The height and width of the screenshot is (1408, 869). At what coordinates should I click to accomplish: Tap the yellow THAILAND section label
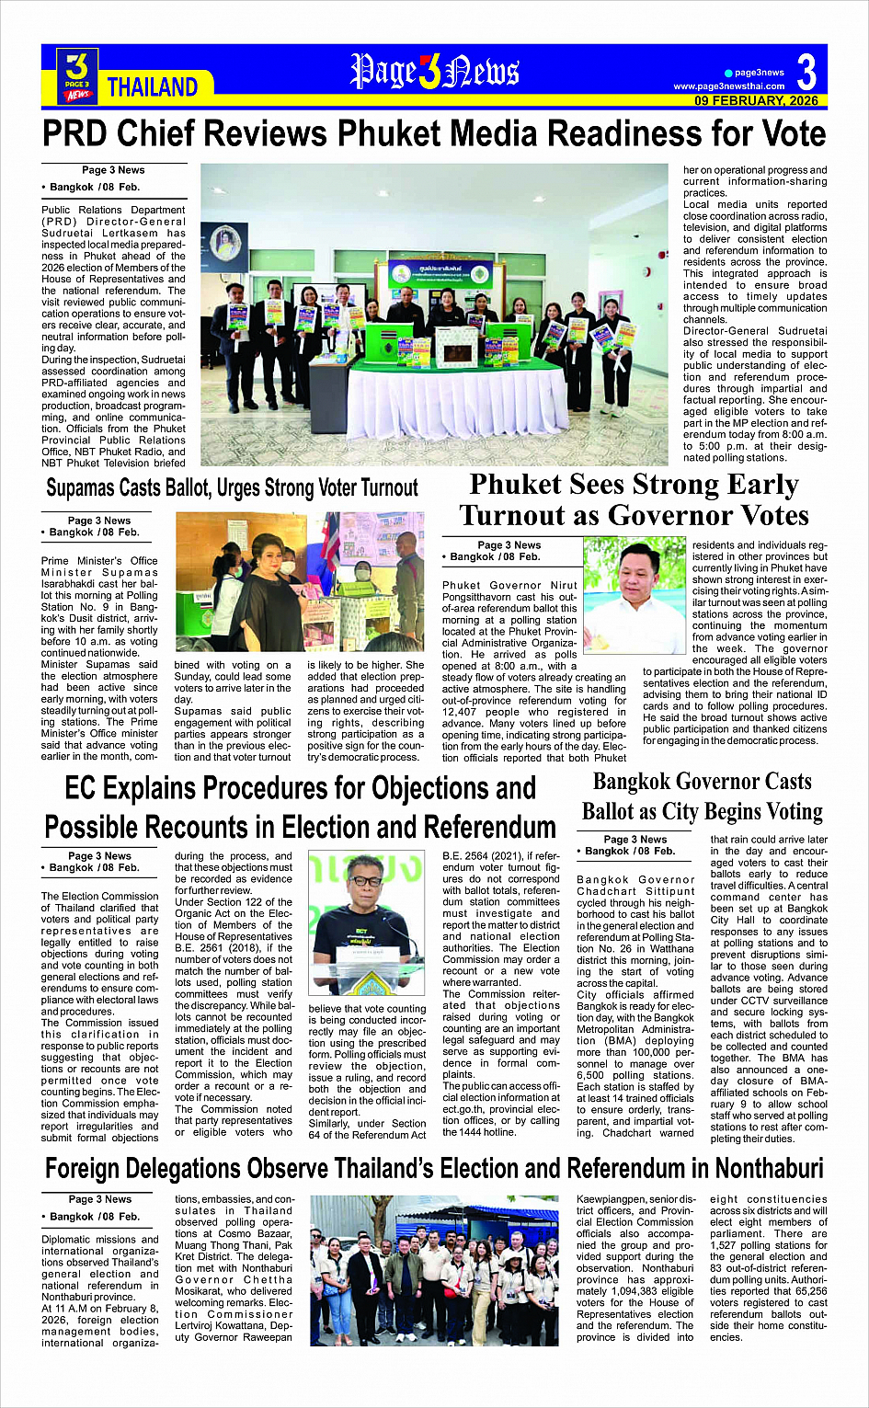(x=153, y=87)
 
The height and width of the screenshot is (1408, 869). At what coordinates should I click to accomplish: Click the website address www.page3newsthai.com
(x=729, y=86)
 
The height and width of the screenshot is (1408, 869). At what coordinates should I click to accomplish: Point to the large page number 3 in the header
(x=806, y=73)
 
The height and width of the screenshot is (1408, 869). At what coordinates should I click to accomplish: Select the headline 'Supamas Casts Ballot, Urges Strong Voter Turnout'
(x=232, y=487)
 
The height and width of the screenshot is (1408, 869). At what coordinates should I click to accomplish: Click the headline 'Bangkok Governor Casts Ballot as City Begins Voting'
(x=702, y=796)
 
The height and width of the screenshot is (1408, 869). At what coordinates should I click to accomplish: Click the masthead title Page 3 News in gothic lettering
(x=434, y=73)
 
